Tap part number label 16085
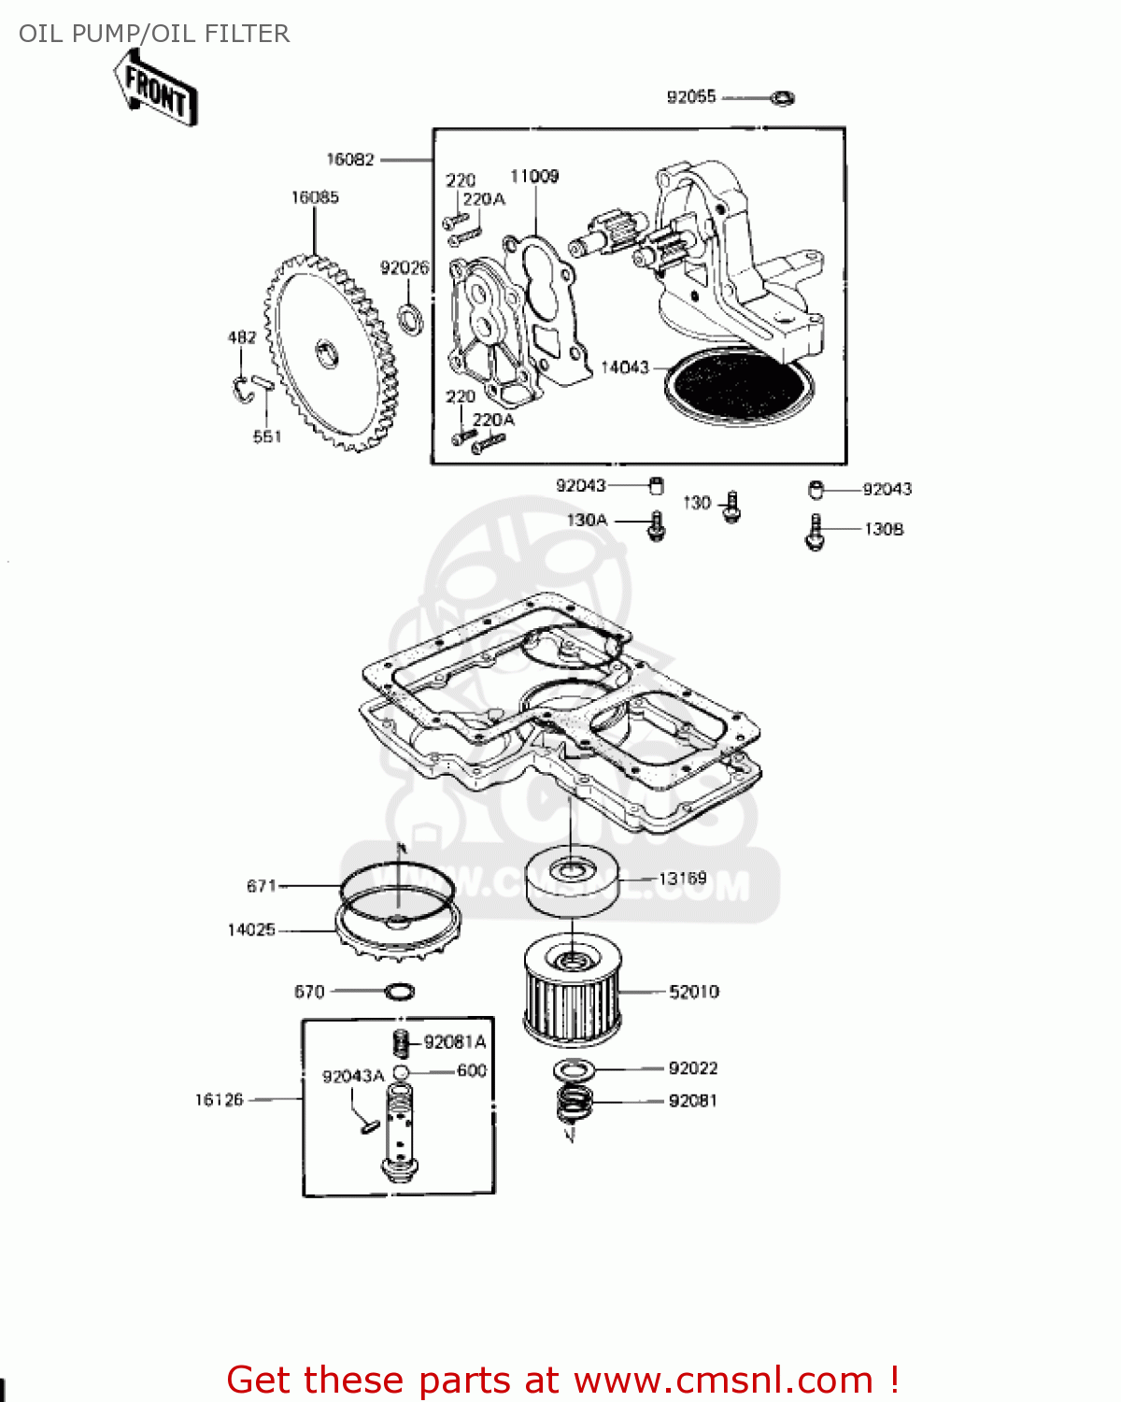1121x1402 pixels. click(x=315, y=197)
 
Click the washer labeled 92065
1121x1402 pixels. click(x=783, y=97)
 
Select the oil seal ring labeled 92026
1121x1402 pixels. click(x=410, y=317)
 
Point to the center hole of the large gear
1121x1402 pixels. click(x=328, y=353)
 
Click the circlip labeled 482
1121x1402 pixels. click(x=242, y=389)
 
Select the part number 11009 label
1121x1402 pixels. click(x=534, y=177)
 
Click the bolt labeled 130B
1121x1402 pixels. click(x=815, y=532)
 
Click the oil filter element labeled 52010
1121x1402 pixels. click(x=572, y=991)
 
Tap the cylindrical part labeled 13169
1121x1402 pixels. click(x=571, y=880)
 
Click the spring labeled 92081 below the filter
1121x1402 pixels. click(x=575, y=1104)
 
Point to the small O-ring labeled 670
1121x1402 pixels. click(x=400, y=991)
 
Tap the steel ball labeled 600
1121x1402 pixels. click(x=400, y=1071)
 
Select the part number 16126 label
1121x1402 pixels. click(x=219, y=1100)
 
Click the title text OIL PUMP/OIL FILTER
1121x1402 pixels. click(x=154, y=34)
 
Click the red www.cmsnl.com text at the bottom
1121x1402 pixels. click(x=723, y=1380)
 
